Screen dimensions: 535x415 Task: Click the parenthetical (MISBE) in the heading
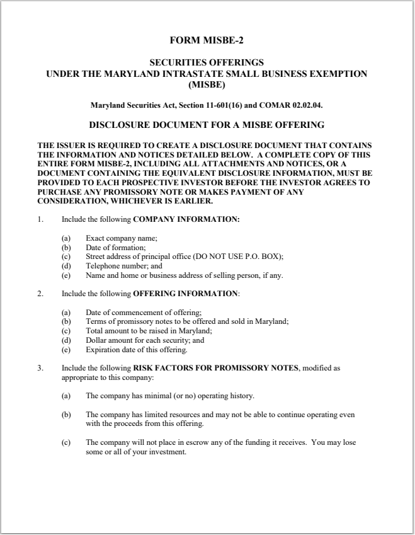(207, 83)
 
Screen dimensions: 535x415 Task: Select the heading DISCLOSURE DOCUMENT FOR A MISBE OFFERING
(207, 125)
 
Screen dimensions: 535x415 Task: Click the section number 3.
(40, 367)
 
